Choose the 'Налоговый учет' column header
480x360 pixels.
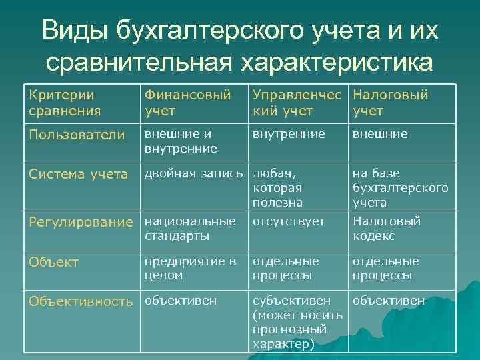pyautogui.click(x=390, y=103)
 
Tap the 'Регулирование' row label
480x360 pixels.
pyautogui.click(x=81, y=222)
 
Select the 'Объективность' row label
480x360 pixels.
pyautogui.click(x=81, y=301)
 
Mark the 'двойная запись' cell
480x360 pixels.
pyautogui.click(x=194, y=174)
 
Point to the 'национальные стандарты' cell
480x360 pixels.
pyautogui.click(x=190, y=229)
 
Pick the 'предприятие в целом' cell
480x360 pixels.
pyautogui.click(x=190, y=268)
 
